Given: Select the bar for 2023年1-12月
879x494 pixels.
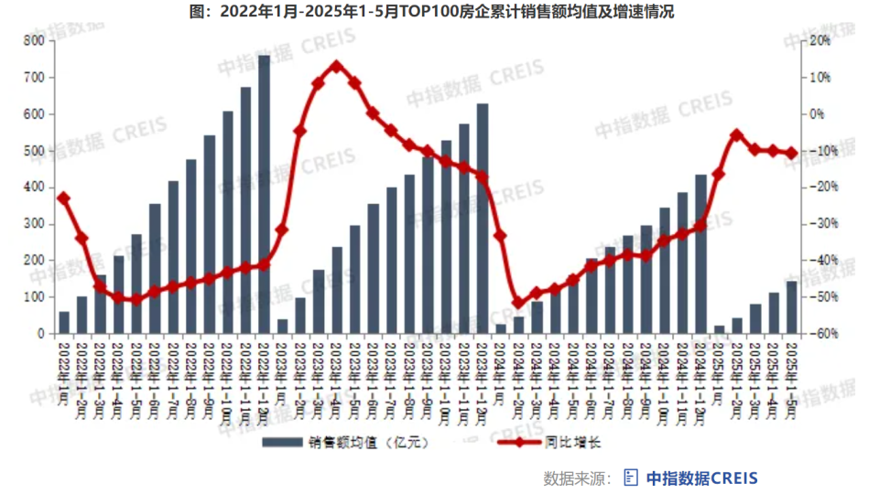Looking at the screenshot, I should click(483, 220).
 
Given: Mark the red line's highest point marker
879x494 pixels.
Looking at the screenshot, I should click(336, 66).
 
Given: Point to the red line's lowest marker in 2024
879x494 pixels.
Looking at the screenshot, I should click(518, 303).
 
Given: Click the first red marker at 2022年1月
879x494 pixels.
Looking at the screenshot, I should click(63, 198).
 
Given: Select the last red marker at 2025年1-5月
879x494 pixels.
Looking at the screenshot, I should click(791, 153).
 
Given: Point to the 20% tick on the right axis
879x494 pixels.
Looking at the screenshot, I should click(819, 41).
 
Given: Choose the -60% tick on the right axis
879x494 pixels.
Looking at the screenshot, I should click(819, 334).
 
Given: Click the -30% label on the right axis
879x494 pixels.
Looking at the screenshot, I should click(819, 224).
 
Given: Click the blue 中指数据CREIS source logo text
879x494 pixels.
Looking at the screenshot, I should click(701, 478).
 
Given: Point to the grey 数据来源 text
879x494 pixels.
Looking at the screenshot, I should click(577, 478).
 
